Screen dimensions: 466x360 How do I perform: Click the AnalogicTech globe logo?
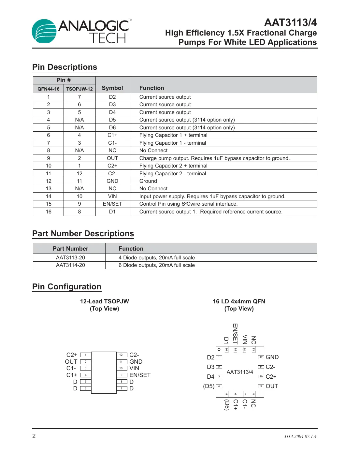point(44,31)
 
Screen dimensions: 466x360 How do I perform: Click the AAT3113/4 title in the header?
point(290,22)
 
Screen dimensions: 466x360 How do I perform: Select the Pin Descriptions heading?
point(65,67)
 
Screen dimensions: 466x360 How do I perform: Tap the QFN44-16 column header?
point(49,89)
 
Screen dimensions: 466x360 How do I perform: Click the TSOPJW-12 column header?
point(79,89)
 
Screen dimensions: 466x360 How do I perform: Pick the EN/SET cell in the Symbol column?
point(112,204)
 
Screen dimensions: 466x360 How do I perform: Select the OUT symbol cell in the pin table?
point(112,158)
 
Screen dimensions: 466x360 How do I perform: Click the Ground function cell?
point(148,181)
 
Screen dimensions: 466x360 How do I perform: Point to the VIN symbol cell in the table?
point(112,197)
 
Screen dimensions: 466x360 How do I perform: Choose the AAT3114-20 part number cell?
point(70,265)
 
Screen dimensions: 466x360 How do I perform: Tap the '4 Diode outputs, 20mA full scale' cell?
point(157,258)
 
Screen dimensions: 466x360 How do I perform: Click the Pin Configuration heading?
point(67,287)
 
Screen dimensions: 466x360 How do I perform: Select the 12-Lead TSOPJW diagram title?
point(105,301)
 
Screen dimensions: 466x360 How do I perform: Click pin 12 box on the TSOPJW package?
point(121,355)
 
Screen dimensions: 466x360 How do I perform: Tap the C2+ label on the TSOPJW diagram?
point(72,355)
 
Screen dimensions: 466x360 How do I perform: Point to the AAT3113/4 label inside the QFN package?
point(240,372)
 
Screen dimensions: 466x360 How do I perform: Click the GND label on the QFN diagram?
point(272,357)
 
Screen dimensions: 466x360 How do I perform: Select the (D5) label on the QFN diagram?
point(209,386)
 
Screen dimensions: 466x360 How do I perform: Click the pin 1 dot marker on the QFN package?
point(219,349)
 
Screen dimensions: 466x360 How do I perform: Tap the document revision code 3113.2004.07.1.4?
point(300,437)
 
